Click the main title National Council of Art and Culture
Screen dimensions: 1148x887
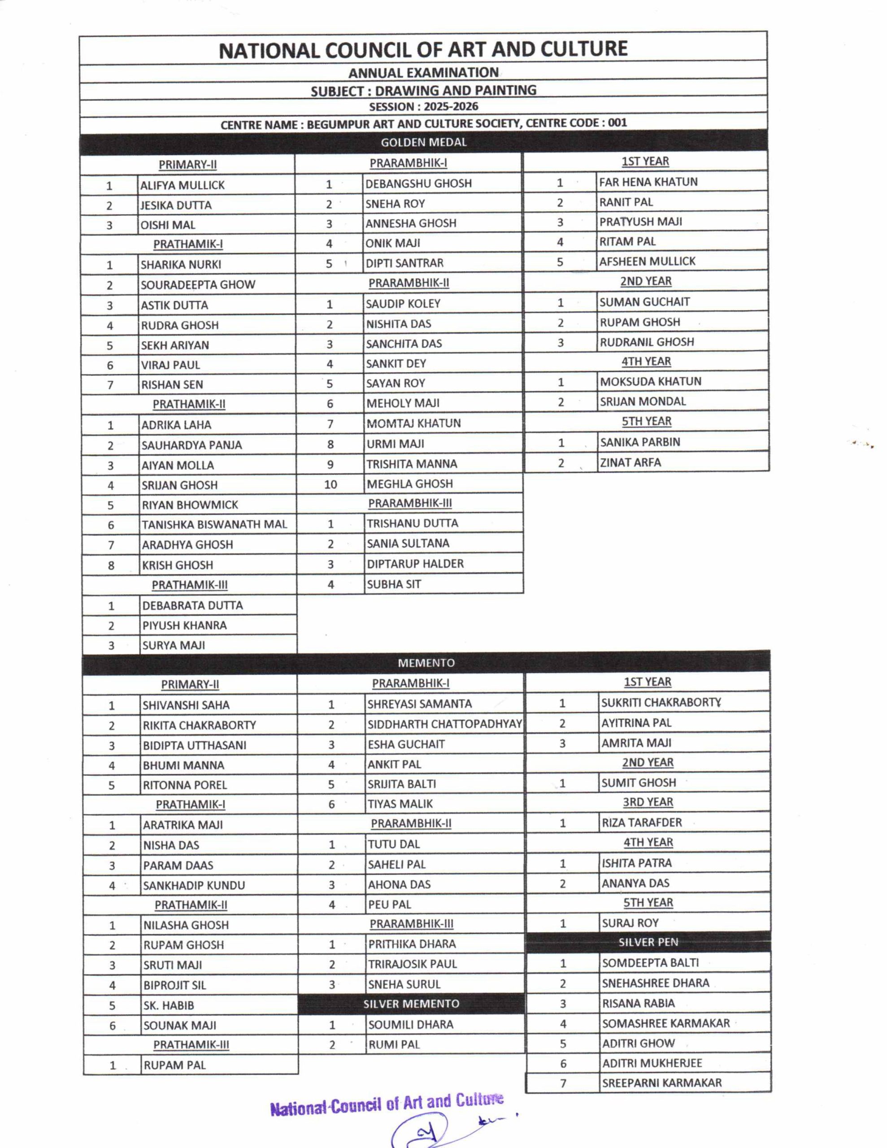click(x=423, y=49)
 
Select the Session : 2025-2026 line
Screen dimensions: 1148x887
click(x=423, y=107)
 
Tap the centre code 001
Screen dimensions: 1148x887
click(x=617, y=123)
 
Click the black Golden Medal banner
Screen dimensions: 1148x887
click(x=423, y=142)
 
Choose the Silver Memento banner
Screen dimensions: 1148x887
click(x=411, y=1004)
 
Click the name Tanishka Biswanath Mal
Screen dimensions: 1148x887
click(x=214, y=525)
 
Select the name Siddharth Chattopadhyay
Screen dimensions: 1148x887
click(x=444, y=724)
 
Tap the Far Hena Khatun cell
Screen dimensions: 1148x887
click(x=648, y=182)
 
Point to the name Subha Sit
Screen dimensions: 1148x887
click(x=394, y=584)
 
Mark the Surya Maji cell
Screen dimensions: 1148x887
click(x=174, y=645)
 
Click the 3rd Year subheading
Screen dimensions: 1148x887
click(x=648, y=802)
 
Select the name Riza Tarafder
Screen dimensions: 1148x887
click(x=641, y=822)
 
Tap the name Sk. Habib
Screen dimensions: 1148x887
click(x=169, y=1005)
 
